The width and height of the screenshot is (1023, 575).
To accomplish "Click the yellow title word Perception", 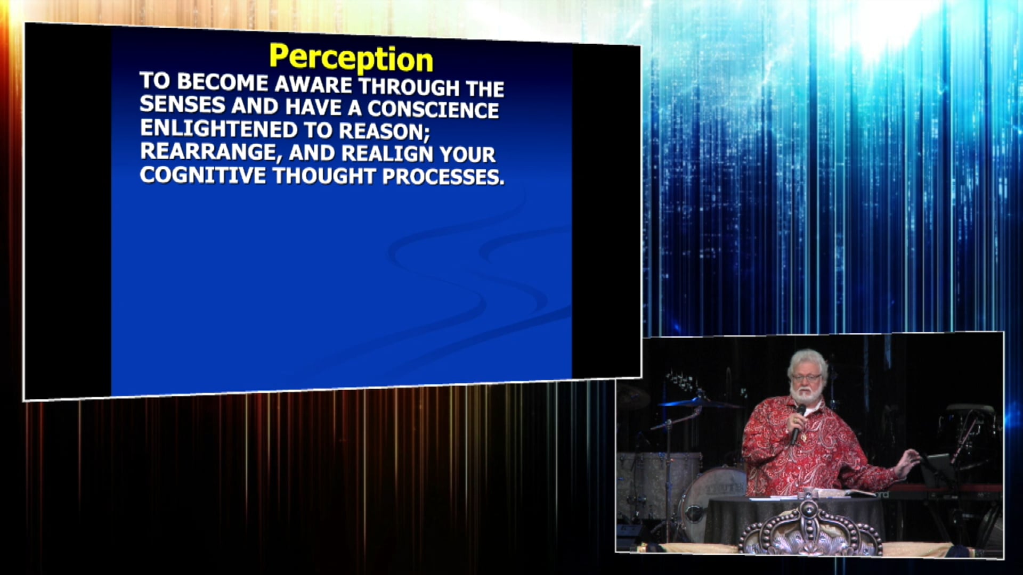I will [351, 58].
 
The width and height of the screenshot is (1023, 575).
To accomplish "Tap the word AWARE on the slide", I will [313, 85].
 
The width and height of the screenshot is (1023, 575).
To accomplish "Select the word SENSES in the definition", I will [182, 104].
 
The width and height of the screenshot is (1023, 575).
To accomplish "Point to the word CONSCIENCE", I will [433, 109].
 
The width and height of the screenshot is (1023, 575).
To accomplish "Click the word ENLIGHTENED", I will [218, 129].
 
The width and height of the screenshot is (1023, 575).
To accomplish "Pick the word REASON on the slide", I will [384, 131].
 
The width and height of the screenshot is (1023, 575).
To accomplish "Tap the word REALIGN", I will [387, 153].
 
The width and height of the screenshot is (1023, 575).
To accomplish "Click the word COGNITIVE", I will [202, 175].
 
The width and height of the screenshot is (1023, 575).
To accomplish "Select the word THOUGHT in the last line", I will [324, 176].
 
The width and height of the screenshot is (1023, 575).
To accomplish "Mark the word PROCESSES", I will [443, 177].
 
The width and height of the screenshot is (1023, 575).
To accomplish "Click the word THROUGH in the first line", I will [409, 87].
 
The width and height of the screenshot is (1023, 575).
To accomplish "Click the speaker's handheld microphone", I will [798, 424].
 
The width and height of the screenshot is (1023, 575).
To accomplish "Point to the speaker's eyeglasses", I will [807, 378].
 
